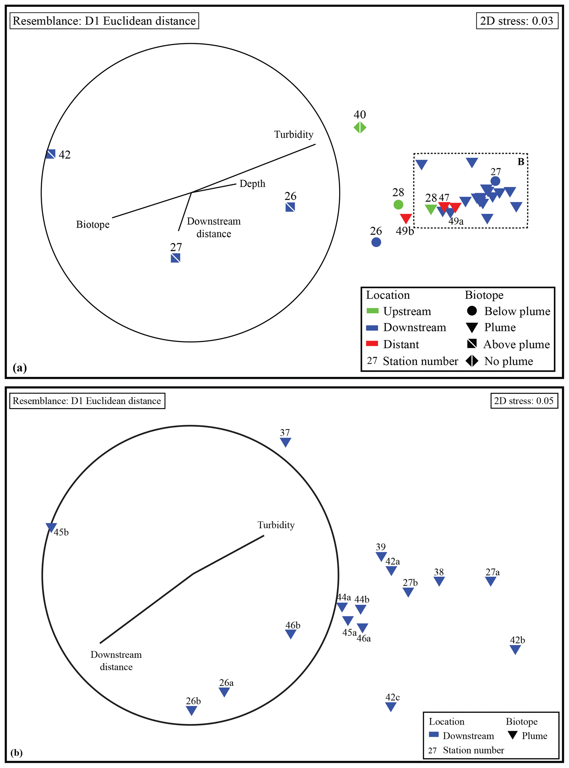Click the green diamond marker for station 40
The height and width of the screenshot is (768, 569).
(360, 128)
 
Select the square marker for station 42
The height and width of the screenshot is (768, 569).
(51, 154)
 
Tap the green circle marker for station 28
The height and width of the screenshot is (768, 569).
(398, 205)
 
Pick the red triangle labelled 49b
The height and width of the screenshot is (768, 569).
(406, 218)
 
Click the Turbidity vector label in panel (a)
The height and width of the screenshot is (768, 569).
(293, 135)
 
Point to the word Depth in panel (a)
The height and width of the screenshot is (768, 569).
(252, 184)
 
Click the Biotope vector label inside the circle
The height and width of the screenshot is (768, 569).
(93, 225)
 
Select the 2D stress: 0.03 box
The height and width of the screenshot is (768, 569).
(517, 21)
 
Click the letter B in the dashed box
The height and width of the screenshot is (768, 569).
(521, 162)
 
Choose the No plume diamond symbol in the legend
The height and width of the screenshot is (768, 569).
(472, 361)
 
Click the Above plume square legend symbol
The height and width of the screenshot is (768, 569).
(472, 344)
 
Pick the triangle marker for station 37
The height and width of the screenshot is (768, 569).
(285, 442)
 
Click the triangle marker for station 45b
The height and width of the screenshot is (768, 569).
(51, 527)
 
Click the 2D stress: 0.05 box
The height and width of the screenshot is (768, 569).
(524, 401)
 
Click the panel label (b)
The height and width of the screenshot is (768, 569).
(17, 753)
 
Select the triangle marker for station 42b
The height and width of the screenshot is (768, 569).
(515, 649)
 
